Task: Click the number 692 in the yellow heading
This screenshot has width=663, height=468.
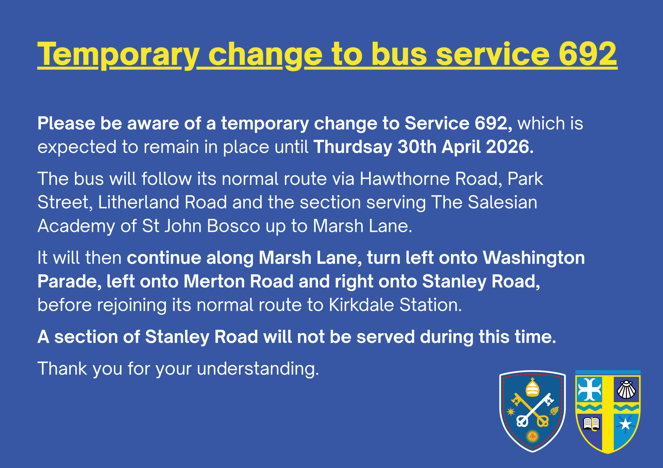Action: click(588, 54)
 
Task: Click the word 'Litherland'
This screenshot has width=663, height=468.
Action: click(138, 202)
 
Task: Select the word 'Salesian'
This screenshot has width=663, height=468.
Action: click(502, 202)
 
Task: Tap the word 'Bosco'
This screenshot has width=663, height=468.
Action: click(234, 226)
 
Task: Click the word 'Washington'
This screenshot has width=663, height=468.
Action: click(534, 258)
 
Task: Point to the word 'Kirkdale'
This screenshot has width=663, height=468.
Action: click(362, 305)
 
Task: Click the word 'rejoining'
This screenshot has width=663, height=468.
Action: click(132, 306)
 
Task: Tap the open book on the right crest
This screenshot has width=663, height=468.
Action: click(591, 424)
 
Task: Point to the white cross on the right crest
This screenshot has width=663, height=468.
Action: click(590, 389)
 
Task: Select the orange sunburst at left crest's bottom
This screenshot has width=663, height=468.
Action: click(532, 437)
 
